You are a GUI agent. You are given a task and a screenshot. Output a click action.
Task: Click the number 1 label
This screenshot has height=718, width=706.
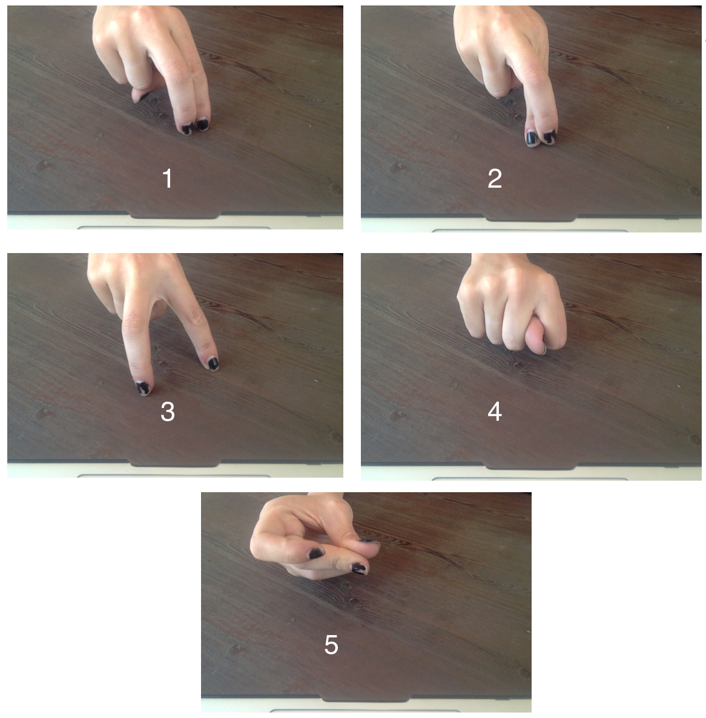tap(168, 178)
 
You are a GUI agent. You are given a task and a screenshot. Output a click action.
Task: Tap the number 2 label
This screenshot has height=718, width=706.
tap(495, 178)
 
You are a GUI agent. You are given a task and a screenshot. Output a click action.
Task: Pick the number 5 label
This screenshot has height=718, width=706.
tap(331, 645)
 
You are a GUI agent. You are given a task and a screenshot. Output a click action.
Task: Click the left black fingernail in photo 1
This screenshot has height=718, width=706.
tap(187, 128)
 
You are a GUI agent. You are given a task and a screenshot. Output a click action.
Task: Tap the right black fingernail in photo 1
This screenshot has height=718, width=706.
tap(203, 124)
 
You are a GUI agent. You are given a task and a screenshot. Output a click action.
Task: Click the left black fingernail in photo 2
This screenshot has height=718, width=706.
tap(532, 138)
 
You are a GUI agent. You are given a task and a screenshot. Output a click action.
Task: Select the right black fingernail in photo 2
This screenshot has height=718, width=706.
tap(549, 136)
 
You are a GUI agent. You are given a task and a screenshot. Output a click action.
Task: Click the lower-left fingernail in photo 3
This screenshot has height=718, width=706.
tap(144, 388)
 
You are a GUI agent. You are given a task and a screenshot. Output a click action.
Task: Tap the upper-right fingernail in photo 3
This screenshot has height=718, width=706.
tap(213, 364)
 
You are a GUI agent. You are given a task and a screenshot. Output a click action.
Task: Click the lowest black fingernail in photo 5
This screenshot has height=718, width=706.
tap(358, 568)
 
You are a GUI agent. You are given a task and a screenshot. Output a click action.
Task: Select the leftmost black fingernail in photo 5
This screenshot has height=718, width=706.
tap(316, 553)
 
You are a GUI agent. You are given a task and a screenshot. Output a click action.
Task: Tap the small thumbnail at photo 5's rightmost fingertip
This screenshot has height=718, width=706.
tap(370, 542)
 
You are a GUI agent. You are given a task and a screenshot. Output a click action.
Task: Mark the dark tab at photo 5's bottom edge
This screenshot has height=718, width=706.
tap(366, 697)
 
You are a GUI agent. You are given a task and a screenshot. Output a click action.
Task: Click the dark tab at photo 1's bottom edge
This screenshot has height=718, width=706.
tap(175, 215)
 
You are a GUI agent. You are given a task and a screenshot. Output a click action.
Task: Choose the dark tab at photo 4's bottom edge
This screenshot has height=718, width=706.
tap(530, 466)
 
